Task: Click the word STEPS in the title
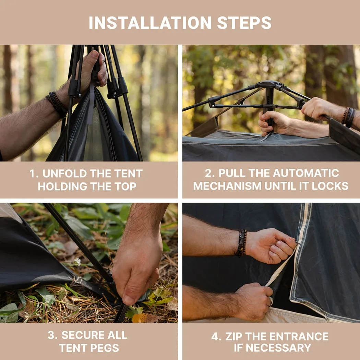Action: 244,23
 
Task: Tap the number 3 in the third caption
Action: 52,335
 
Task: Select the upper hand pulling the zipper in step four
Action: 271,245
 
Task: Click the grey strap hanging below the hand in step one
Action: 91,106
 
